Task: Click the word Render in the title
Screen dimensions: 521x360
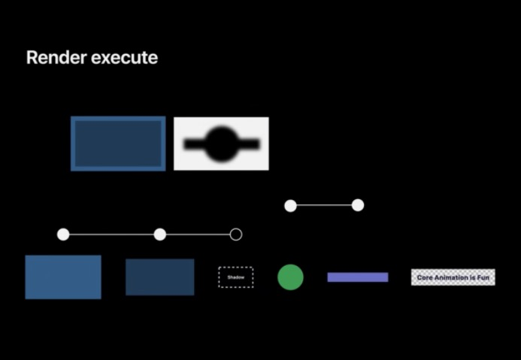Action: pyautogui.click(x=56, y=57)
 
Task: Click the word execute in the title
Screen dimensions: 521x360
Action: pyautogui.click(x=124, y=58)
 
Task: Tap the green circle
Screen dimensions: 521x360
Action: pyautogui.click(x=290, y=277)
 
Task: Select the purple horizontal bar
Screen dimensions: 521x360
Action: pyautogui.click(x=358, y=277)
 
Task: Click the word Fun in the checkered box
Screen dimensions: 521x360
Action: pyautogui.click(x=483, y=277)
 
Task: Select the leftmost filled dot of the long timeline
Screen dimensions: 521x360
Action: pyautogui.click(x=63, y=234)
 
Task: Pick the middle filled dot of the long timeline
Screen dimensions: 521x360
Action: pyautogui.click(x=160, y=234)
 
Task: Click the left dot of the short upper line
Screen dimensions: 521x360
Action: pyautogui.click(x=290, y=206)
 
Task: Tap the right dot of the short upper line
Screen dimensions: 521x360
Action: pyautogui.click(x=358, y=205)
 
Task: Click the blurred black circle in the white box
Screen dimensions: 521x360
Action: pyautogui.click(x=222, y=144)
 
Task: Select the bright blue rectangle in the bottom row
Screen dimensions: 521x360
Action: pyautogui.click(x=63, y=277)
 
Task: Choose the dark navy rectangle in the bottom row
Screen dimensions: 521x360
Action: pyautogui.click(x=160, y=277)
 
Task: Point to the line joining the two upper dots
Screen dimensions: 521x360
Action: pyautogui.click(x=324, y=205)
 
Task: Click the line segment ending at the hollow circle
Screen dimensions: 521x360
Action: pyautogui.click(x=198, y=234)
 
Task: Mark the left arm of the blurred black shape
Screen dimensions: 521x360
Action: pyautogui.click(x=195, y=144)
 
